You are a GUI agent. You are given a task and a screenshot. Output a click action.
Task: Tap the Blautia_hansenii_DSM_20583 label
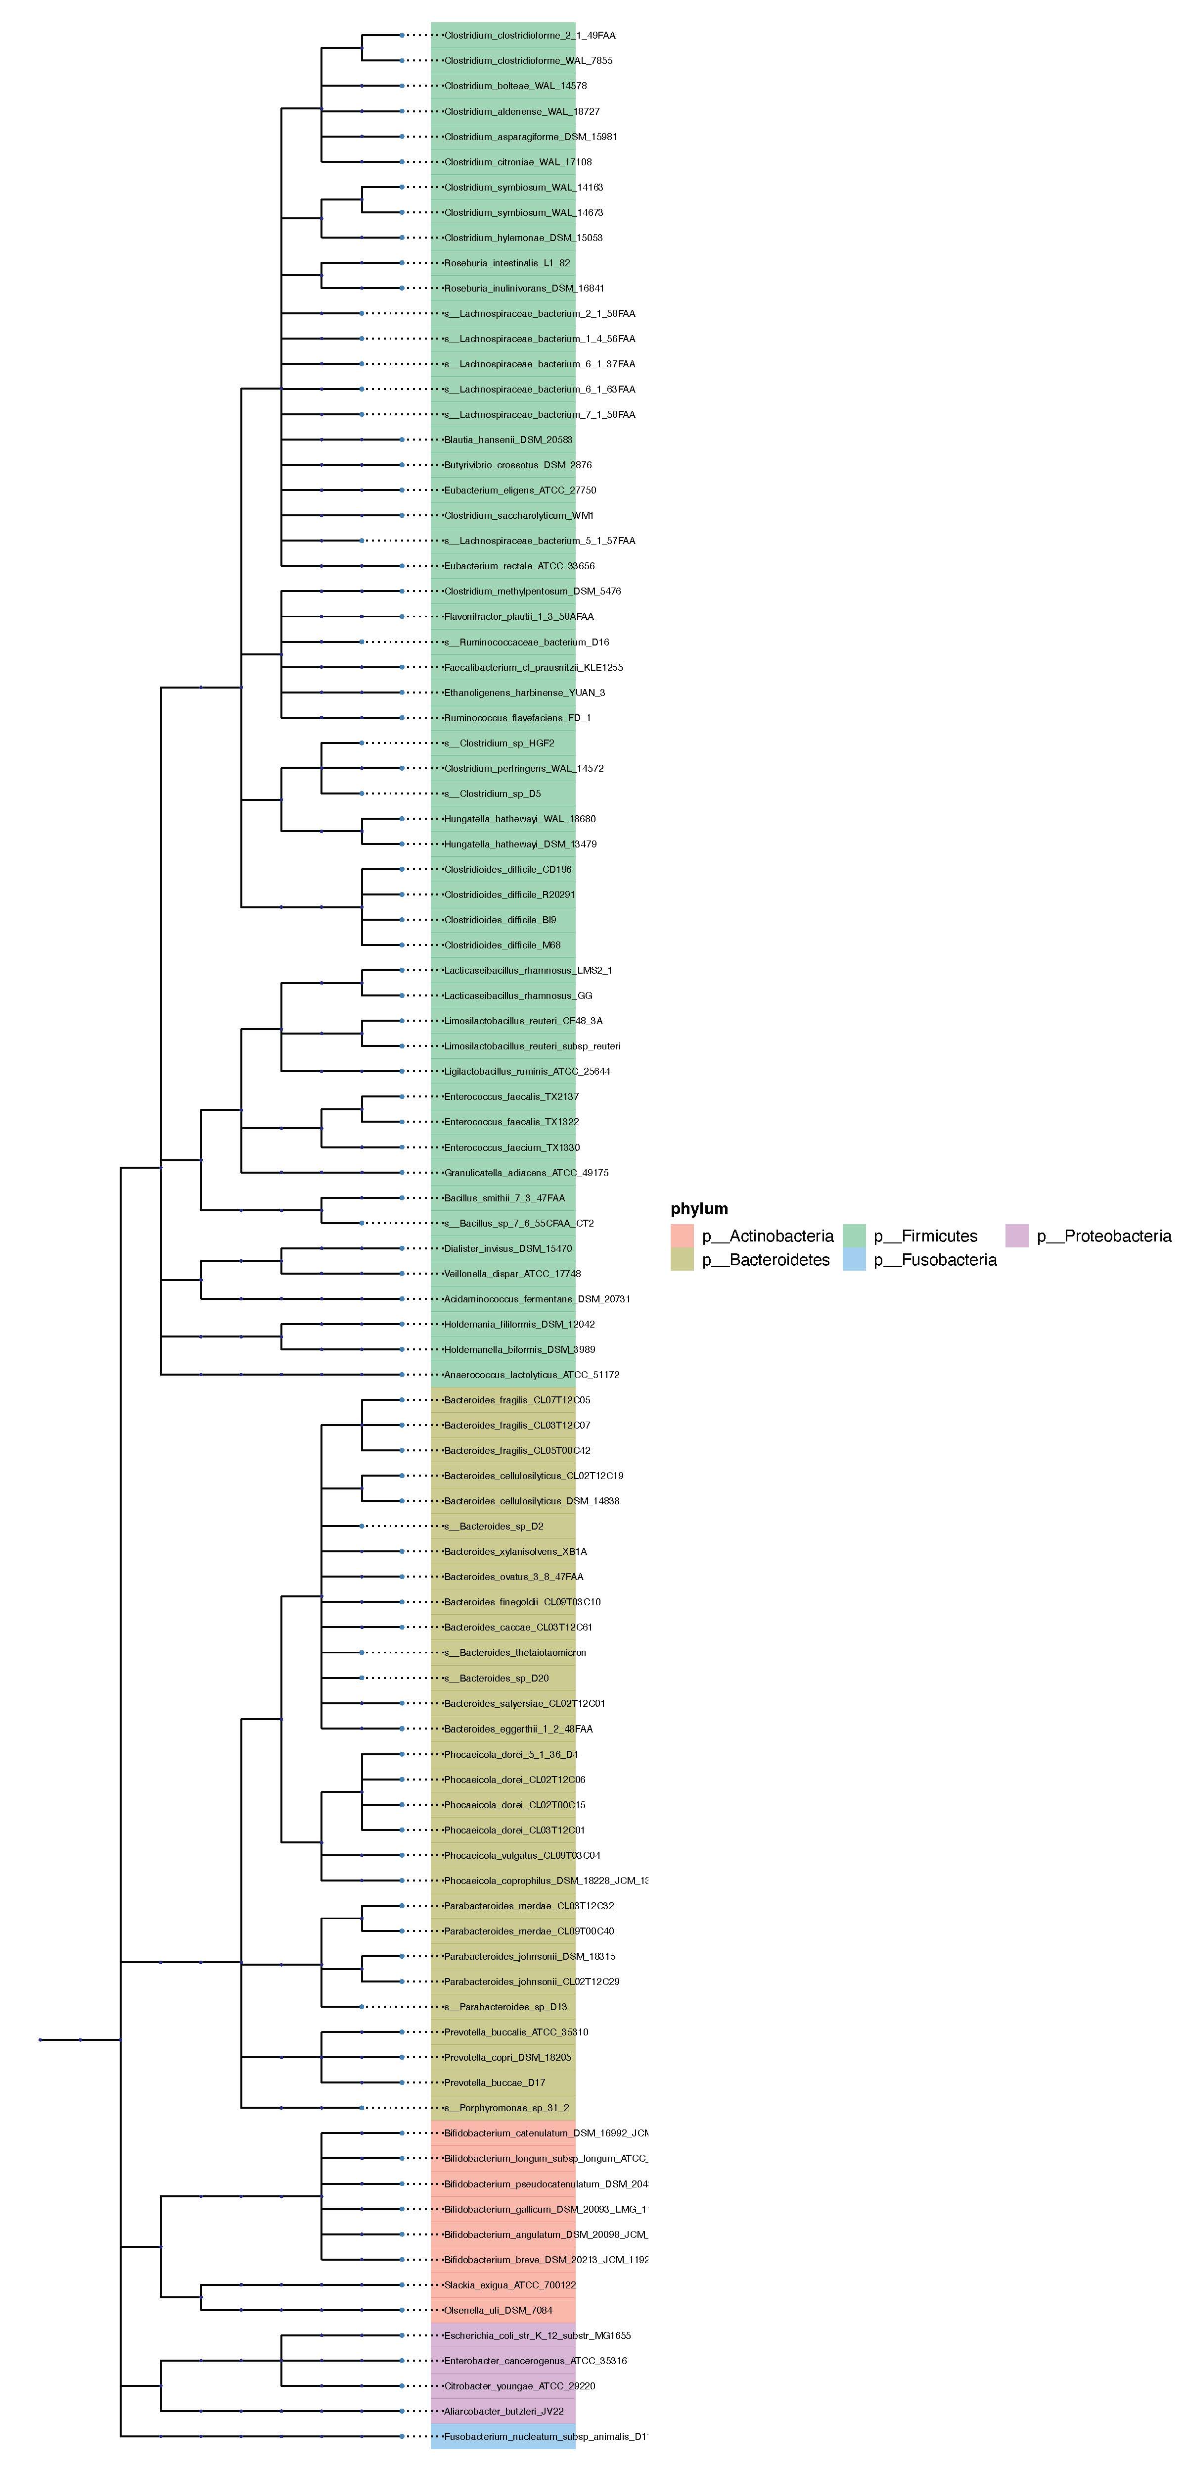508,439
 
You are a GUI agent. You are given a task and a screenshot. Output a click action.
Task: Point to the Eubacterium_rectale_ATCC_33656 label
519,566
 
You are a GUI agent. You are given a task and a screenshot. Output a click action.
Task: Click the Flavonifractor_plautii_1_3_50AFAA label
519,616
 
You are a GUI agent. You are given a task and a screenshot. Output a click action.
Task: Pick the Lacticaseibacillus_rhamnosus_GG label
518,995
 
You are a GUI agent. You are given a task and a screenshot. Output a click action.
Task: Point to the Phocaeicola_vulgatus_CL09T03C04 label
521,1855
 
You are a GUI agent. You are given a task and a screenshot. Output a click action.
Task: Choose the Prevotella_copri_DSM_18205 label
507,2057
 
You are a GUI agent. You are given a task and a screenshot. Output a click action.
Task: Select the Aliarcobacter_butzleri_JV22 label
503,2411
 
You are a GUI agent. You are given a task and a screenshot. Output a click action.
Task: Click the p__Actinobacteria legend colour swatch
682,1236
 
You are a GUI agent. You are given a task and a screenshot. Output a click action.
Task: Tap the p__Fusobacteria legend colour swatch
854,1260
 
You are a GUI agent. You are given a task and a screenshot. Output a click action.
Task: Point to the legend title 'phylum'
699,1209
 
